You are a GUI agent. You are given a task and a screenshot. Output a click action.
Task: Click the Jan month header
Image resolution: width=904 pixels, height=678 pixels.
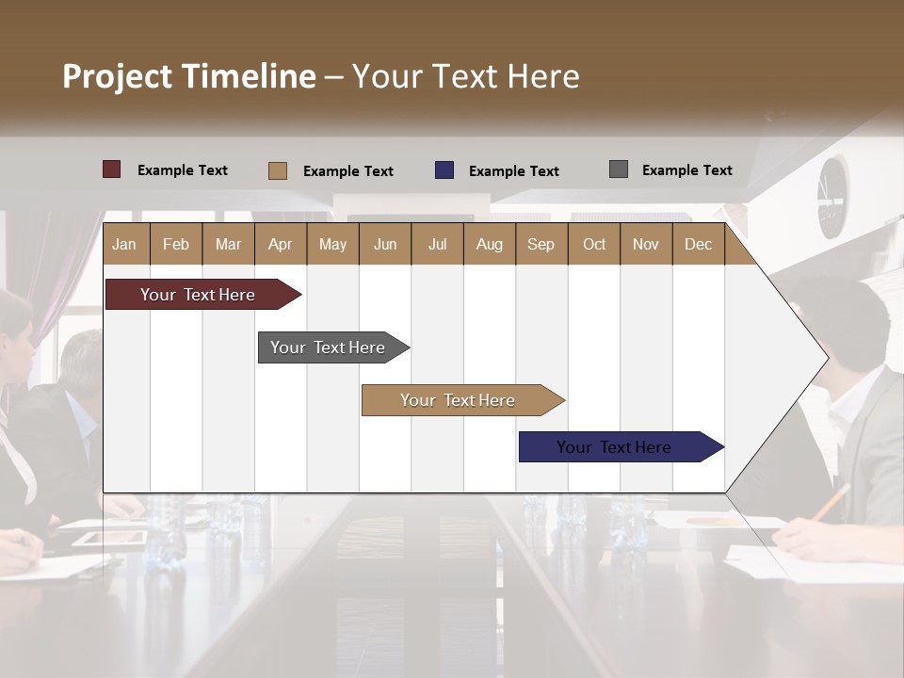point(124,244)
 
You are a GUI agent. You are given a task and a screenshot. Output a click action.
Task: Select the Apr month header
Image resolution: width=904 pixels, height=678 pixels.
point(280,244)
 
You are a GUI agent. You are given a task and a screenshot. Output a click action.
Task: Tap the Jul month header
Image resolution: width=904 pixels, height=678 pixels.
point(437,244)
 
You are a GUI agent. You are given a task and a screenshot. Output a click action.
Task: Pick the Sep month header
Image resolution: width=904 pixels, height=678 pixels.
point(541,244)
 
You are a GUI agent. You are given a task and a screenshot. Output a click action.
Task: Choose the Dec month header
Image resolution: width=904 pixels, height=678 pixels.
point(698,244)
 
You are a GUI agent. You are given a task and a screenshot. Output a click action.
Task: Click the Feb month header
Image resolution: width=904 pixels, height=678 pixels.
point(176,244)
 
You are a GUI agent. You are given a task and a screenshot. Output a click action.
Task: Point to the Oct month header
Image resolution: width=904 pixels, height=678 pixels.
point(594,244)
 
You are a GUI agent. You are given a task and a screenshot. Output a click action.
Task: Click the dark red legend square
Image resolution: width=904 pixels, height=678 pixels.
point(111,169)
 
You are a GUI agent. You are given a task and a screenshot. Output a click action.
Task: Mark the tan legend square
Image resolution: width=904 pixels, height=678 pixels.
point(277,170)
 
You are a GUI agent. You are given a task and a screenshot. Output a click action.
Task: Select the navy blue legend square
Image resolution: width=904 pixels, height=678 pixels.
point(444,170)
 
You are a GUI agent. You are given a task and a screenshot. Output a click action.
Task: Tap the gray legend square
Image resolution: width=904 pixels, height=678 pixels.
point(618,169)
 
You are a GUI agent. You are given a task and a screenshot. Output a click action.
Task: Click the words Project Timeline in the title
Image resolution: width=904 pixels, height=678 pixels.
point(188,76)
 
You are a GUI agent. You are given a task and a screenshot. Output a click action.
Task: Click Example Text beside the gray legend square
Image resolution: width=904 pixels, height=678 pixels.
point(686,170)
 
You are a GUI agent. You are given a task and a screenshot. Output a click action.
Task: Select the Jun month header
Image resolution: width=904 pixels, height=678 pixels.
point(384,244)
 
